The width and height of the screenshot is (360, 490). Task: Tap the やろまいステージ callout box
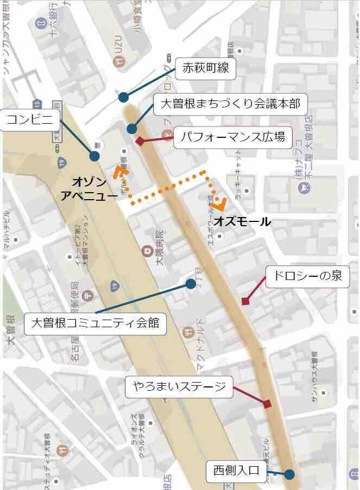179,387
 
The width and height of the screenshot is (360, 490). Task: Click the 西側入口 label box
237,473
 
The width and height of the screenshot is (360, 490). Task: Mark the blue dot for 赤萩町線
124,97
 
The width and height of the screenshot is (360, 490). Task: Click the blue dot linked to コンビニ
95,156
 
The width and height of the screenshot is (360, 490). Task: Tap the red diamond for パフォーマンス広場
140,141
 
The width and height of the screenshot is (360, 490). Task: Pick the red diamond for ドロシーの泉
245,301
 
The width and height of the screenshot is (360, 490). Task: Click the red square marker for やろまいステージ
267,404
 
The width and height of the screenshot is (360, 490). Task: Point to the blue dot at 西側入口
289,474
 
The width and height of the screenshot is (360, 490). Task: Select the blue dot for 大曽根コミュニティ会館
190,283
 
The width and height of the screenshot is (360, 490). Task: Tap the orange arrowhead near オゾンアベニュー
119,171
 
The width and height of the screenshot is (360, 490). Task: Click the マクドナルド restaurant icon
187,329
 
